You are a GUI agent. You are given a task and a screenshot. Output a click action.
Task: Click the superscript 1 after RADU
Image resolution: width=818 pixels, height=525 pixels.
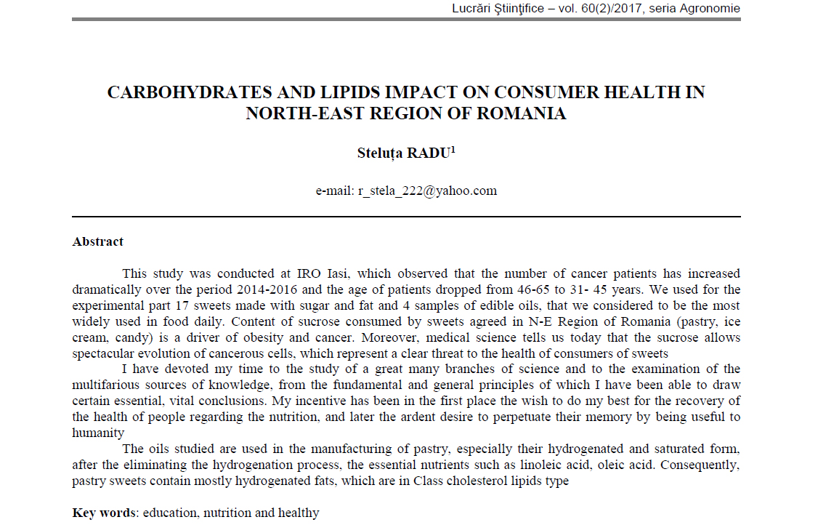(453, 149)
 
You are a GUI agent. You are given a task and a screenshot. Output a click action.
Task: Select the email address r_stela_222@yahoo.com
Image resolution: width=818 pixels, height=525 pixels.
(427, 191)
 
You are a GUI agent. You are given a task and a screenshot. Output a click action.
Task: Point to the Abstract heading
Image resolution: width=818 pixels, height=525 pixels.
(98, 241)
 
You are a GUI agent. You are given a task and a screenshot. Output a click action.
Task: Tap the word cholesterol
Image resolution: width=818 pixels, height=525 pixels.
(455, 481)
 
